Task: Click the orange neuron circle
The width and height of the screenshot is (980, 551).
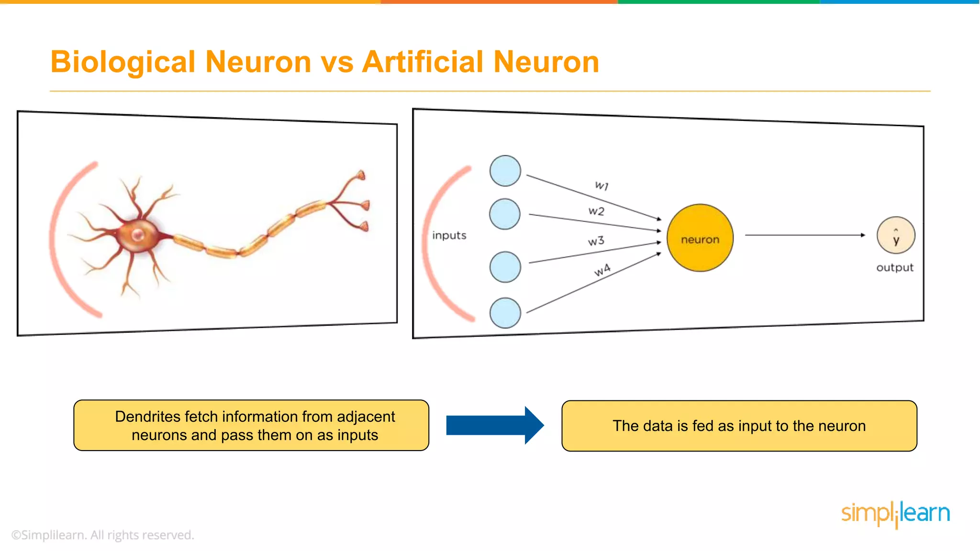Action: click(700, 238)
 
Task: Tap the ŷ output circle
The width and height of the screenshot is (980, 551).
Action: click(896, 235)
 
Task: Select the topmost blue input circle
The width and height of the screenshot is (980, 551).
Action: click(505, 171)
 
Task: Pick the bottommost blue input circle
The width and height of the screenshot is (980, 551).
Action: click(505, 313)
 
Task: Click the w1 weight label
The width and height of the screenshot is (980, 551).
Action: click(601, 185)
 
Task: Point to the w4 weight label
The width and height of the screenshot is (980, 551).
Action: click(602, 270)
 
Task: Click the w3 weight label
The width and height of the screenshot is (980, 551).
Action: click(596, 241)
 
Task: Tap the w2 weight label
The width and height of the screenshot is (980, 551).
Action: click(596, 211)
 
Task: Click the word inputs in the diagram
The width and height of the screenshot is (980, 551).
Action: click(449, 235)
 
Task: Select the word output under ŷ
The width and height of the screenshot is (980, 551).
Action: click(894, 268)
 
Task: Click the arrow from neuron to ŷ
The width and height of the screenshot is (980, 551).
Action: click(804, 235)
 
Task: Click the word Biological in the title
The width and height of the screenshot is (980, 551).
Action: click(123, 62)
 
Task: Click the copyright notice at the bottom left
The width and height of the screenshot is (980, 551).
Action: click(102, 535)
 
